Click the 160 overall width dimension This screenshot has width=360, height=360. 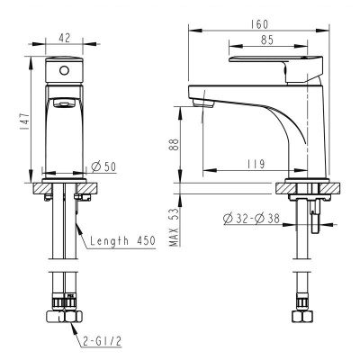coord(259,24)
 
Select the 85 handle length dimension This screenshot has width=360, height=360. coord(267,40)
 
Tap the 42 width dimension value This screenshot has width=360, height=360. coord(64,38)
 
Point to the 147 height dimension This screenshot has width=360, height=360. coord(24,121)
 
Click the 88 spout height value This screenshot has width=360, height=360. coord(175,145)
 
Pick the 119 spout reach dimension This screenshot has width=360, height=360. coord(256,164)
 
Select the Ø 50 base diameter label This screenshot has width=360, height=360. coord(103,166)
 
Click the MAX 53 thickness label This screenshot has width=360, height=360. coord(175,228)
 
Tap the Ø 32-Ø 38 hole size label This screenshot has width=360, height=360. coord(251,219)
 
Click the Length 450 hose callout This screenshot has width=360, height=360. coord(122,240)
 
